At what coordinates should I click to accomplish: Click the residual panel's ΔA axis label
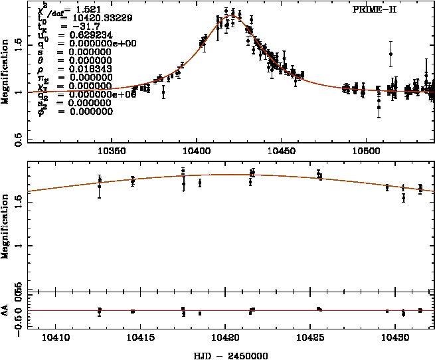tap(5, 310)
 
